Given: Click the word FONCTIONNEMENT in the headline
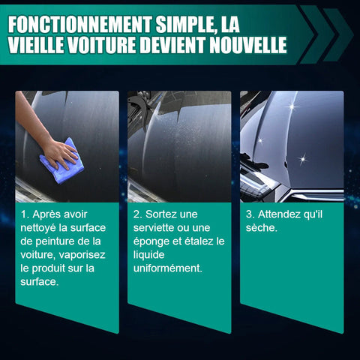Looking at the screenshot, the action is [79, 25].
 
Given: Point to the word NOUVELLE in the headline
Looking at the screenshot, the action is [248, 45].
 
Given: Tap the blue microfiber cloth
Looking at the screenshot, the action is [61, 161].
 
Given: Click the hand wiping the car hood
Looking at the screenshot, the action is [60, 154].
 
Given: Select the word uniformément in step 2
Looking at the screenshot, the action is [167, 268].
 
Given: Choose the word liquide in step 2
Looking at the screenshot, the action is [149, 255].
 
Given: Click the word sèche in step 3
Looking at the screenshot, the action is [260, 228].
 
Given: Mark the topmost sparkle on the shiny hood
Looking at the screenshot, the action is [292, 107].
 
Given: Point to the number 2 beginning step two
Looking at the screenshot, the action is [136, 214].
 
